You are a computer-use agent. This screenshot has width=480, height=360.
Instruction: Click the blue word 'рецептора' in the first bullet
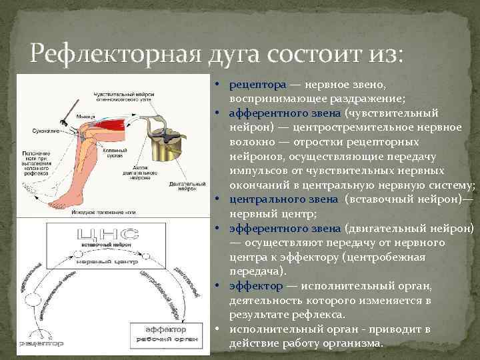coord(258,85)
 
